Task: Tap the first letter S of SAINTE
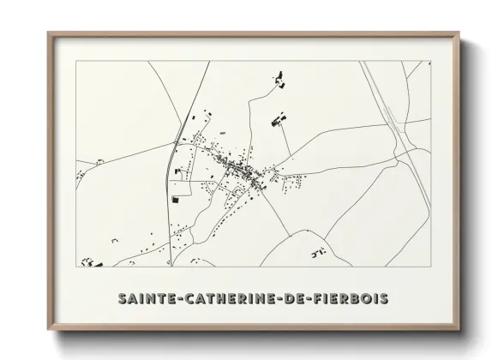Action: click(121, 298)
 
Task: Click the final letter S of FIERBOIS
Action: click(384, 298)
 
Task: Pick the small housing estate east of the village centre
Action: click(296, 181)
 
